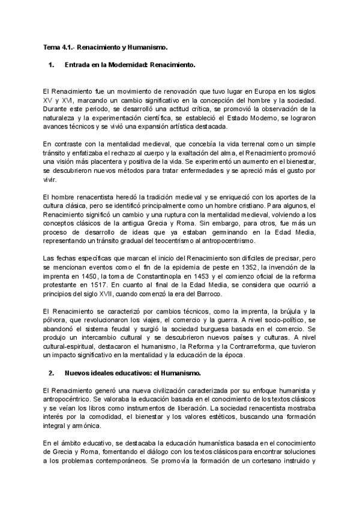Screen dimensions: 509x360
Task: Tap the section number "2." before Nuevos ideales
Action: coord(52,373)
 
